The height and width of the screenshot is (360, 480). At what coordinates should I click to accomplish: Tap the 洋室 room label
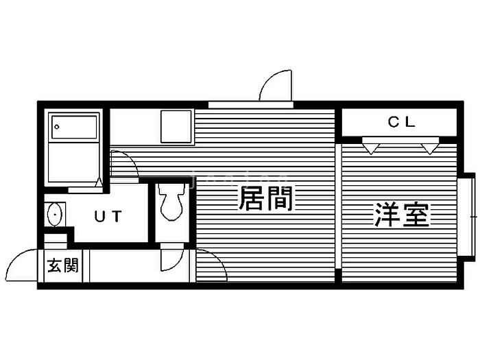402,215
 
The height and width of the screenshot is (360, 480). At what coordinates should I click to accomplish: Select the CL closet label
402,123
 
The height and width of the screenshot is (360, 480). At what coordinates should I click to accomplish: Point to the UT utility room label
108,217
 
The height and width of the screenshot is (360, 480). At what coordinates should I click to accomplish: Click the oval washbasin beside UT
55,215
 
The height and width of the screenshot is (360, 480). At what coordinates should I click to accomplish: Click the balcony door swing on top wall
277,86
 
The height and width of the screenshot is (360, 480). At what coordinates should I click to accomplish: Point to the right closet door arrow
429,146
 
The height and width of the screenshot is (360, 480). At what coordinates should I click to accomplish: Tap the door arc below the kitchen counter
124,163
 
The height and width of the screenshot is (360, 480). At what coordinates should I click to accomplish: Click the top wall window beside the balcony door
251,105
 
